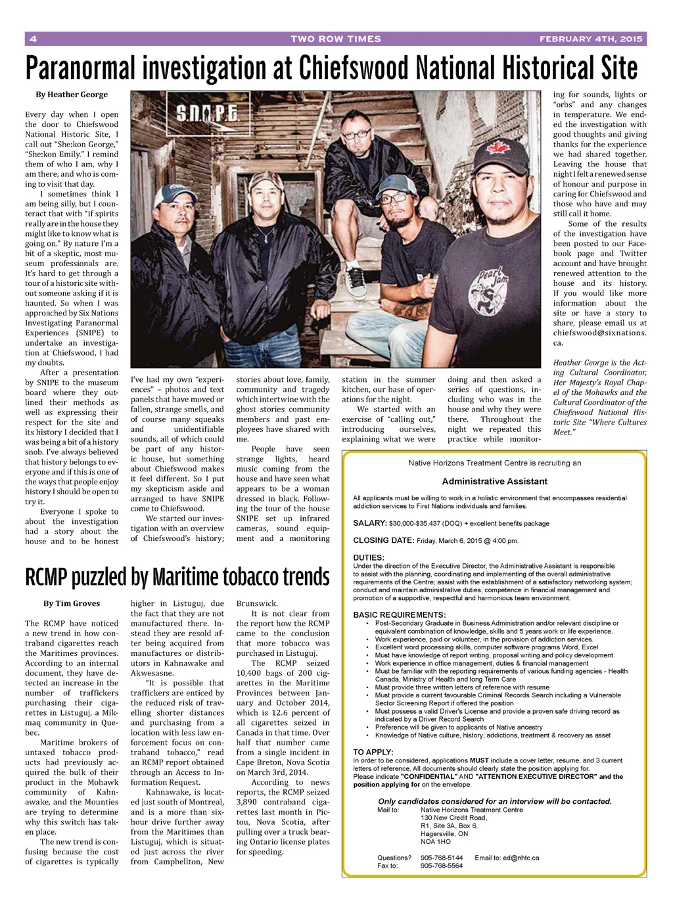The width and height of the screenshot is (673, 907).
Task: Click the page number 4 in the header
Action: coord(32,39)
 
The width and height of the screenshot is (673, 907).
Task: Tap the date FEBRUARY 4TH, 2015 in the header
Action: coord(590,39)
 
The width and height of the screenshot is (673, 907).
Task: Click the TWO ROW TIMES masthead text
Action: coord(336,39)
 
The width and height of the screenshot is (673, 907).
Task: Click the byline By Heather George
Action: coord(72,95)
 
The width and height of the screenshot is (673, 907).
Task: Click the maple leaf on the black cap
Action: coord(499,145)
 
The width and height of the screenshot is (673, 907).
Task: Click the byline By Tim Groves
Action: coord(72,603)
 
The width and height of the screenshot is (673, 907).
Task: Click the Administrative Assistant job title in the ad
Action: coord(494,481)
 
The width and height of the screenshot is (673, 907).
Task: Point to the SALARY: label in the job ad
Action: coord(369,523)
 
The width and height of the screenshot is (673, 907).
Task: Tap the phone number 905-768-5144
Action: coord(442,858)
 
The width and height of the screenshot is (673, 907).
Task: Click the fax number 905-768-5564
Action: coord(442,866)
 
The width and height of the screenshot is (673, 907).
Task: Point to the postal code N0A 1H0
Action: coord(436,841)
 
